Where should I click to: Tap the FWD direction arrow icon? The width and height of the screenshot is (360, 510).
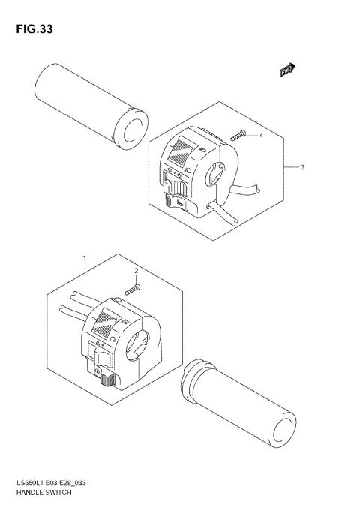pos(286,70)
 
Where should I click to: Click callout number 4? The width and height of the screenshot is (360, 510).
pos(261,136)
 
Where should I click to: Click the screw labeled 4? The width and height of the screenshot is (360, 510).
pos(239,137)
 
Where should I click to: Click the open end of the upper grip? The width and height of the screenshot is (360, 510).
pos(132,129)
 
